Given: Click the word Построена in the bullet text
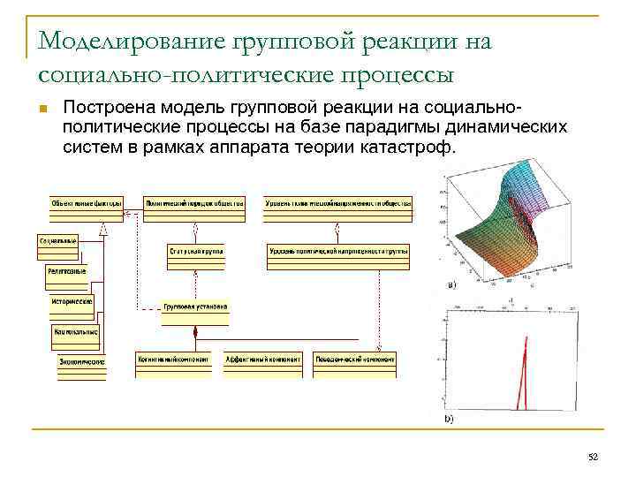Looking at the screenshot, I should (102, 108).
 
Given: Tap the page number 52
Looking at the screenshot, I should (593, 455).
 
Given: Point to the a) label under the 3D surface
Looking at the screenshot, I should (452, 285).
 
